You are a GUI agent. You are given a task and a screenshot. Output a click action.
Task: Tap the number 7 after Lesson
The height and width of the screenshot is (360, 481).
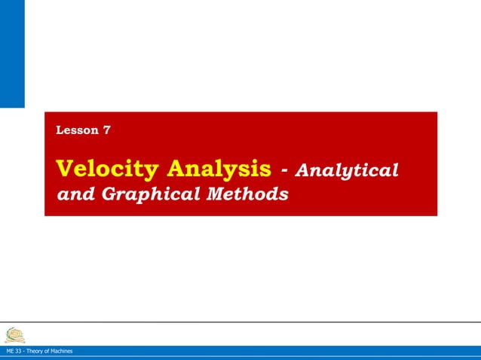click(x=107, y=130)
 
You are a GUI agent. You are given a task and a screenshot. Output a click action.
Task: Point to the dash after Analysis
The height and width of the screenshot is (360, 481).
click(x=283, y=170)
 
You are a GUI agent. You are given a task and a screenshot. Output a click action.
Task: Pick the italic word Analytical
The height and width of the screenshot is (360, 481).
click(x=347, y=170)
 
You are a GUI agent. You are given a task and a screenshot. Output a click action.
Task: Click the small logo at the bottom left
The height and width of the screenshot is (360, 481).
click(x=15, y=334)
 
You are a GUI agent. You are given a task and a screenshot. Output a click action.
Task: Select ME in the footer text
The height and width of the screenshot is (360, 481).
click(x=10, y=352)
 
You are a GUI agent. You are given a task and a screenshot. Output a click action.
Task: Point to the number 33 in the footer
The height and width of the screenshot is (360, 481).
click(x=19, y=352)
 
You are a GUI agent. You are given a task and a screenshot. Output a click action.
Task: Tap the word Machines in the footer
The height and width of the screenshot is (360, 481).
click(x=62, y=352)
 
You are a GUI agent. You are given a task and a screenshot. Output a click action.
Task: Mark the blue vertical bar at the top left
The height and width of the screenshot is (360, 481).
click(x=12, y=53)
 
